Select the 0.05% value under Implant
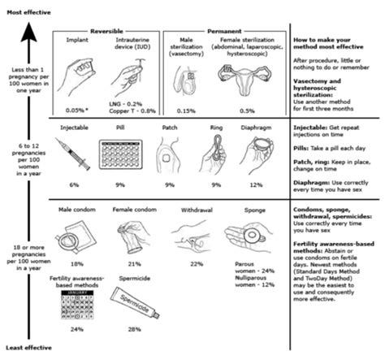[x=78, y=108]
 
